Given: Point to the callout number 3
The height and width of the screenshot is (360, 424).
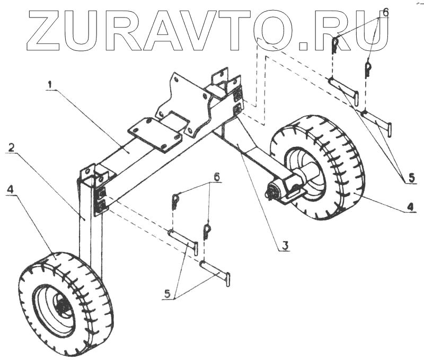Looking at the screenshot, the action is pos(285,245).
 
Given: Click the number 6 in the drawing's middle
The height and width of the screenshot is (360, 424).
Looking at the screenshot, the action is pos(216,175).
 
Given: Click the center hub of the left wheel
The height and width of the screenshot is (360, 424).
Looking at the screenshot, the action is pos(63,306).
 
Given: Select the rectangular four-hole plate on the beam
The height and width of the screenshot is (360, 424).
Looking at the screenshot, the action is pos(154,134).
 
